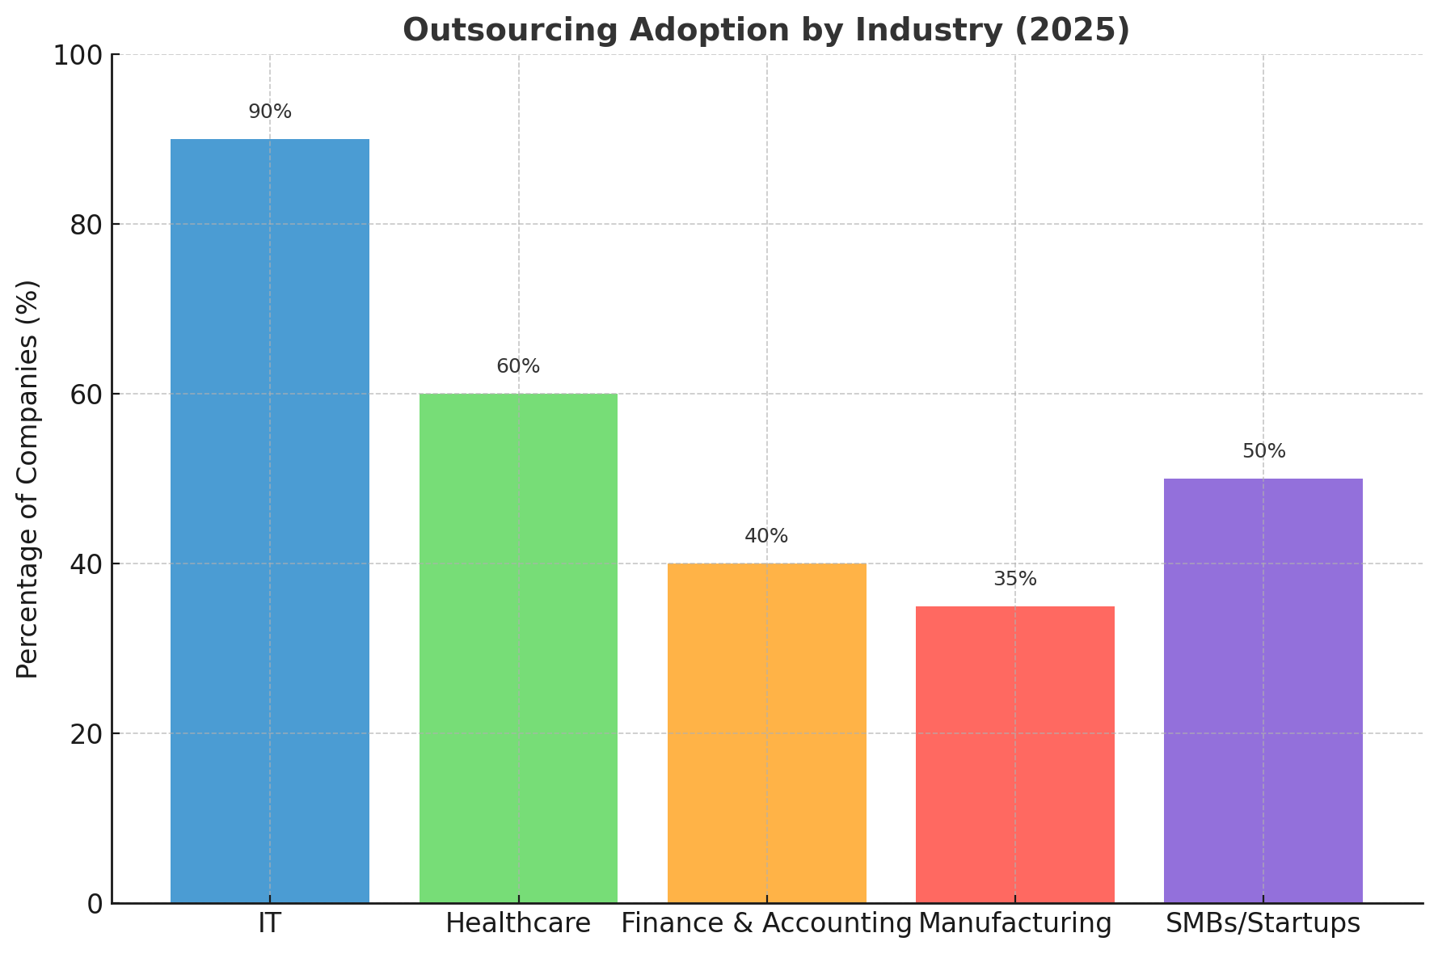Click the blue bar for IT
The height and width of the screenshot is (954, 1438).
270,521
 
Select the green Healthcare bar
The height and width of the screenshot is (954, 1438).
518,648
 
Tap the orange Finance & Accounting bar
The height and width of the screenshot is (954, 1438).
766,732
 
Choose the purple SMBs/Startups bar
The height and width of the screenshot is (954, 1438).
1263,690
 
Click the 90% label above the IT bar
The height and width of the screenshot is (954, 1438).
270,112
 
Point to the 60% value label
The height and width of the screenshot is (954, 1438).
518,367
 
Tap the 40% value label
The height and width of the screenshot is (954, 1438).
766,537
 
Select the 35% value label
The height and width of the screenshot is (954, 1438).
1014,580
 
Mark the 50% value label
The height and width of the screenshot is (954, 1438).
1263,452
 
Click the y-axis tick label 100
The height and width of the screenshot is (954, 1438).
78,56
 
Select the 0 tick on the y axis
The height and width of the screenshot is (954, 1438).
95,904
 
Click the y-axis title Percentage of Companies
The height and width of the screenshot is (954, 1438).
28,479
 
